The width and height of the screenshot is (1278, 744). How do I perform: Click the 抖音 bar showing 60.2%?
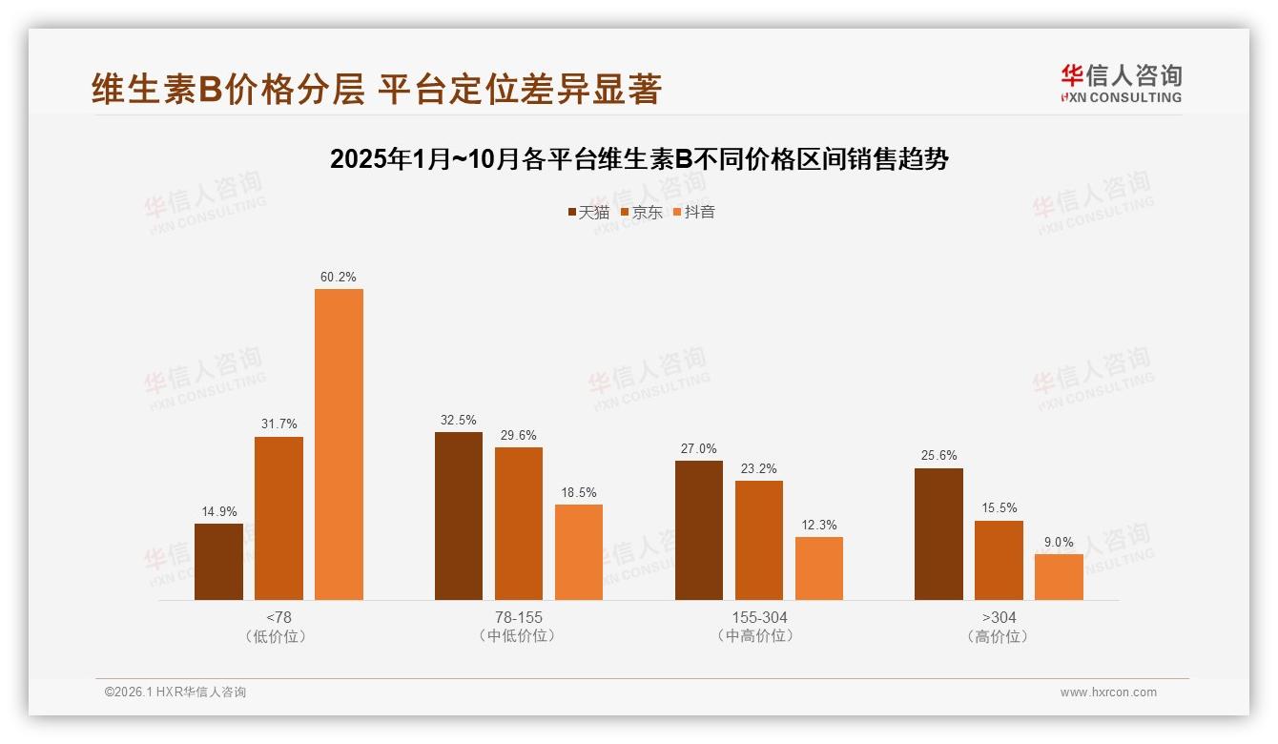coord(339,444)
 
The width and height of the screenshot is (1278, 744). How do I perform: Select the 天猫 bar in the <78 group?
coord(218,561)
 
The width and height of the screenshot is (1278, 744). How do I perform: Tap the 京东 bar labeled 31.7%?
coord(278,518)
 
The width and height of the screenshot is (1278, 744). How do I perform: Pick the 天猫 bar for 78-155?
coord(459,515)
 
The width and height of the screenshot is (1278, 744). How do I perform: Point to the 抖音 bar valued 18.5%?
coord(579,551)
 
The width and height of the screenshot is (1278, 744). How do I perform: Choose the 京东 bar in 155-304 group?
coord(759,540)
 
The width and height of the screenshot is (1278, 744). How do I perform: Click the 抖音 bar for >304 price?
coord(1059,576)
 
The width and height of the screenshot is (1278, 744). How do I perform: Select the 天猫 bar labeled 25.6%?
coord(938,533)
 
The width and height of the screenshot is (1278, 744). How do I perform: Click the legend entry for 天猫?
coord(588,212)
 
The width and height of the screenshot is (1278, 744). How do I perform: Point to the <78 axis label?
coord(278,617)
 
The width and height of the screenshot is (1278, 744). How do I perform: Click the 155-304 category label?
coord(759,617)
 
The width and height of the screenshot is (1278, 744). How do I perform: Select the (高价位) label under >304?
coord(999,636)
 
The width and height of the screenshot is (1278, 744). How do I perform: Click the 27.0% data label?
coord(699,448)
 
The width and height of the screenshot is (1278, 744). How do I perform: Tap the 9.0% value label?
coord(1059,542)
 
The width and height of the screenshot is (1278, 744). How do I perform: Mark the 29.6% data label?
coord(519,435)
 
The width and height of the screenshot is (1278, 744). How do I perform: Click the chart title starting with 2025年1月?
coord(639,159)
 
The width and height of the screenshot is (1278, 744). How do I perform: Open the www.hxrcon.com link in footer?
coord(1108,692)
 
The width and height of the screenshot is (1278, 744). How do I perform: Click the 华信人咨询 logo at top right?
coord(1121,83)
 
